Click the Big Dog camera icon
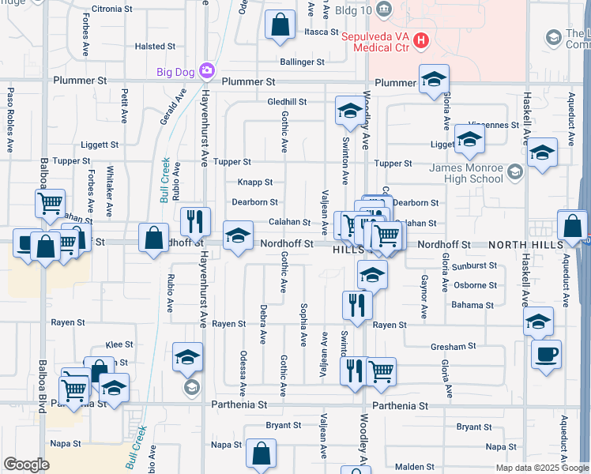tap(206, 72)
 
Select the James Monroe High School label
tap(465, 173)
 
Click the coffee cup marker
tap(546, 354)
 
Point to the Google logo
tap(26, 465)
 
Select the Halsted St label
tap(149, 47)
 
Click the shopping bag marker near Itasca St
tap(280, 25)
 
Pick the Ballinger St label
tap(302, 62)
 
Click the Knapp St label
tap(255, 182)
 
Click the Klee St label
tap(119, 345)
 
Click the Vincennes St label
tap(495, 125)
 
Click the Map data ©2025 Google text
tap(541, 468)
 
